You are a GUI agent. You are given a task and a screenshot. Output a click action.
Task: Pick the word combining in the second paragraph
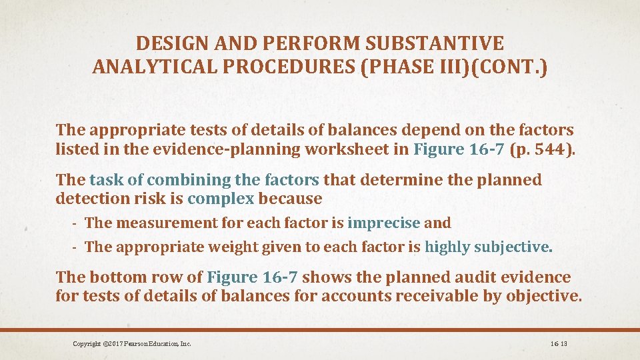[x=182, y=180]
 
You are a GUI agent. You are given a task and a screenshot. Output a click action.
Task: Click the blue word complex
[x=221, y=199]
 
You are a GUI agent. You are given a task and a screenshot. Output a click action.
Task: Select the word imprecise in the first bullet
[x=384, y=223]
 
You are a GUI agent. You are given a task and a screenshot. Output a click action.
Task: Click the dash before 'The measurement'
[x=77, y=223]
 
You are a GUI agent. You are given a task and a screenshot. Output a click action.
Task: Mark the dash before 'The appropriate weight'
[x=77, y=247]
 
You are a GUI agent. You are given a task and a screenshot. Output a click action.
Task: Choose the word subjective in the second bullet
[x=513, y=247]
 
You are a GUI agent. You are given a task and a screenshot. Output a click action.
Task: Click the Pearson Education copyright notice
[x=132, y=344]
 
